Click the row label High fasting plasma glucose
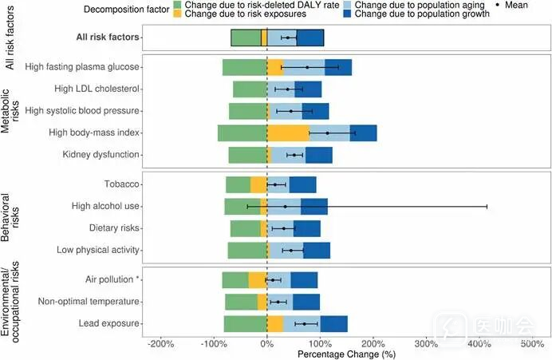[83, 67]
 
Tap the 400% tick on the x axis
[479, 344]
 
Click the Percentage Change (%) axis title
[345, 354]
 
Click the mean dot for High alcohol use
[285, 206]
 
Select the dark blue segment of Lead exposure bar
[333, 323]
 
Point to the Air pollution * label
[112, 280]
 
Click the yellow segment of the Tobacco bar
[258, 184]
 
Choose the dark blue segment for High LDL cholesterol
[311, 89]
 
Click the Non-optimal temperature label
[90, 302]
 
